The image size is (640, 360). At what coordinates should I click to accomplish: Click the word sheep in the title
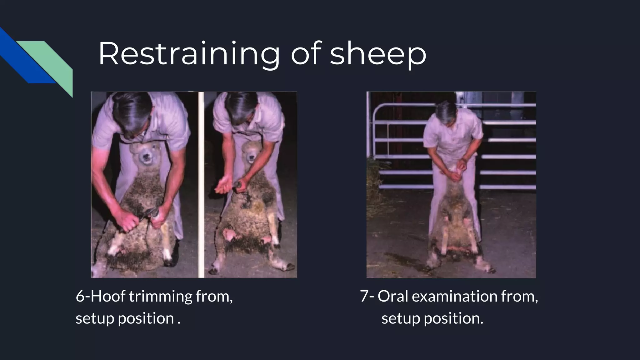point(378,54)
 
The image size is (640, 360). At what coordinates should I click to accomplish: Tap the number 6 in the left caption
point(80,296)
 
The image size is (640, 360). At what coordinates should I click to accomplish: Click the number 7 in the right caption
point(364,296)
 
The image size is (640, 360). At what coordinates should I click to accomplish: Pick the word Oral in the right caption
point(393,296)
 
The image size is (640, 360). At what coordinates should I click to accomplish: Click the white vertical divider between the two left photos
point(201,184)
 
